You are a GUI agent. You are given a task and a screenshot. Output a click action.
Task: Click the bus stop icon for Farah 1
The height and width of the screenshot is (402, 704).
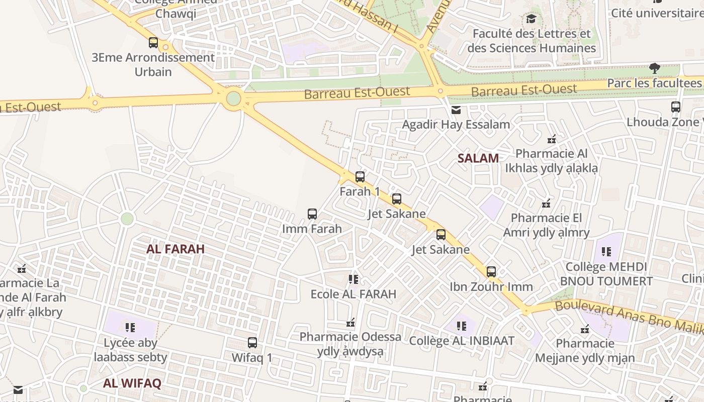tap(360, 177)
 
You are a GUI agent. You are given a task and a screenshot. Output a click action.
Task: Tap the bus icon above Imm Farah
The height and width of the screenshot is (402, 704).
tap(312, 214)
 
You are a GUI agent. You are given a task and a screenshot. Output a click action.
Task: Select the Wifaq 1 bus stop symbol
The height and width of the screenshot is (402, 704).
tap(252, 343)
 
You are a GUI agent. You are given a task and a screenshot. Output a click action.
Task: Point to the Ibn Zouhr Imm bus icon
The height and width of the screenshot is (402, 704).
tap(491, 272)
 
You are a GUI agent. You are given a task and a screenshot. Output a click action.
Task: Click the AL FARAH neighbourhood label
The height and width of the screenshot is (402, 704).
tap(175, 249)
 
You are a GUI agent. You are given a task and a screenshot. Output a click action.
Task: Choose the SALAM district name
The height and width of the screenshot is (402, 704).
tap(478, 158)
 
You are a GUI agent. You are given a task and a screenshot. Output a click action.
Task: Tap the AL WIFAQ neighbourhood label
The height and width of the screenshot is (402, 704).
tap(132, 383)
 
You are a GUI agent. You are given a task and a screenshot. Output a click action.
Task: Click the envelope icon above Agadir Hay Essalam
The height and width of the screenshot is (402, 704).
tap(456, 110)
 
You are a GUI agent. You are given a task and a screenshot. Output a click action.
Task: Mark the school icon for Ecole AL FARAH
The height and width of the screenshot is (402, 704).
tap(354, 279)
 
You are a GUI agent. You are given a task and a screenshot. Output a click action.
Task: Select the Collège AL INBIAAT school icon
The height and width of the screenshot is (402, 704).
tap(462, 326)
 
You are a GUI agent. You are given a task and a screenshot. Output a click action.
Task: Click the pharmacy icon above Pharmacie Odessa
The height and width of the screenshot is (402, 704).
tap(350, 322)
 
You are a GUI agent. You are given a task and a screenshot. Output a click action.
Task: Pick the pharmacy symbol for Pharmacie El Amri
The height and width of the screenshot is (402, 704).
tap(546, 204)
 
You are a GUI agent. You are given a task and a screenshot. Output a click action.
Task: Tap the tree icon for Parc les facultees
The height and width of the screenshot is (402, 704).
tap(654, 68)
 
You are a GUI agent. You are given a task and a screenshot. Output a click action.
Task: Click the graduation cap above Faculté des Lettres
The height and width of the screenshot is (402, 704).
tap(532, 19)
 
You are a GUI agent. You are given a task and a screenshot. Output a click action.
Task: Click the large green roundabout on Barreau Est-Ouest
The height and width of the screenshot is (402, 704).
tap(233, 98)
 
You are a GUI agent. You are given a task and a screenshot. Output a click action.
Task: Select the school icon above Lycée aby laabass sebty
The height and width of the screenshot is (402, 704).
tap(130, 328)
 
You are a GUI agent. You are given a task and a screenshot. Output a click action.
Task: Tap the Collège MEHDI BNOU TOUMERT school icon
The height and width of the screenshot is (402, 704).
tap(606, 251)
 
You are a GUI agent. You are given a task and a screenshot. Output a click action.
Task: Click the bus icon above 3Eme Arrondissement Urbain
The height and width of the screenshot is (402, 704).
tap(153, 43)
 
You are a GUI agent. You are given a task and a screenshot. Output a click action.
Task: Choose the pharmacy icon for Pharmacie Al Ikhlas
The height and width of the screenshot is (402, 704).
tap(552, 139)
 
